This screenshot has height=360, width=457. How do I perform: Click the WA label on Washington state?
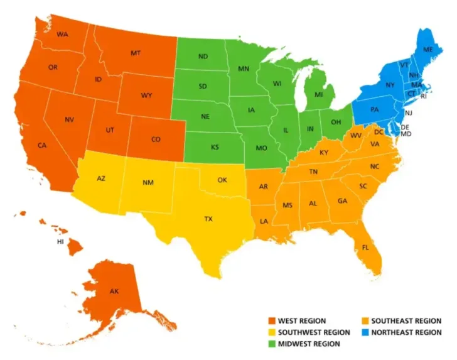[x=62, y=34]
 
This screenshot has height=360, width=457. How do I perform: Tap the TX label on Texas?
[x=208, y=219]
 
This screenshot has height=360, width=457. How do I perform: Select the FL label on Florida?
[x=365, y=247]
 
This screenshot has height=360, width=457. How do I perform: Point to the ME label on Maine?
[x=427, y=49]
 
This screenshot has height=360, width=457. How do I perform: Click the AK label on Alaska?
[x=114, y=292]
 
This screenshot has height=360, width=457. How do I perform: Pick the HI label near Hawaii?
[x=61, y=241]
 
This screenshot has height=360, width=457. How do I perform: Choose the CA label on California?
[x=41, y=145]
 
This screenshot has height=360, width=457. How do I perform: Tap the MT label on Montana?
[x=135, y=53]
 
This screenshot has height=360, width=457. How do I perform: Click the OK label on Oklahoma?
[x=222, y=180]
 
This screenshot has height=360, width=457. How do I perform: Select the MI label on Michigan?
[x=319, y=94]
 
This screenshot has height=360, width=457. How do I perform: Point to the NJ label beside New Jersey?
[x=408, y=113]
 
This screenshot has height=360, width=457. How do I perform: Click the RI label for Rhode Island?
[x=424, y=96]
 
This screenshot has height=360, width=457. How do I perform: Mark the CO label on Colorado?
[x=156, y=139]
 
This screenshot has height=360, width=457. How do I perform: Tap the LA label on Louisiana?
[x=265, y=221]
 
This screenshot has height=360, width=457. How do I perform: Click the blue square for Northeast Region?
[x=364, y=332]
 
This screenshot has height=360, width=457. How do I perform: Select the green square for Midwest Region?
[x=271, y=344]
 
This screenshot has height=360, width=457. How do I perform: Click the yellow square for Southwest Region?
[x=271, y=332]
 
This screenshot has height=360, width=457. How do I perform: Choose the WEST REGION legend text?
[x=302, y=321]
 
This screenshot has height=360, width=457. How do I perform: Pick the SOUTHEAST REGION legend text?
[x=406, y=321]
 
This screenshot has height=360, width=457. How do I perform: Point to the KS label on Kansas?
[x=215, y=147]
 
